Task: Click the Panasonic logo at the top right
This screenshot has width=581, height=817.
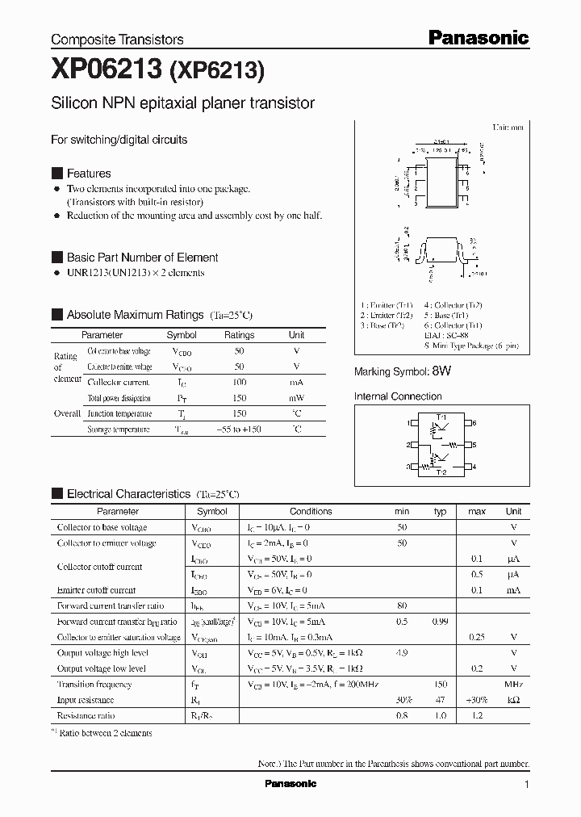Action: tap(478, 37)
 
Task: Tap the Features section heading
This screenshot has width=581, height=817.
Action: tap(88, 174)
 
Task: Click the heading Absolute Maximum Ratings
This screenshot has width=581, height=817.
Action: tap(135, 315)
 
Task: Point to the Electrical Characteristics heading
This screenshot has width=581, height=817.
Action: tap(128, 493)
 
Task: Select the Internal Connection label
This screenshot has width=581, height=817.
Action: tap(398, 396)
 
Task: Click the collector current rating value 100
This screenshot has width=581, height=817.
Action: tap(239, 382)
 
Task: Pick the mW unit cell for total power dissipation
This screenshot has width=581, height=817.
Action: tap(296, 398)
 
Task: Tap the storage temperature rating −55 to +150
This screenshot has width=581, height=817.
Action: tap(239, 429)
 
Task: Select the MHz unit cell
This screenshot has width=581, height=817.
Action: tap(513, 685)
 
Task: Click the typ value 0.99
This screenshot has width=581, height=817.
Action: tap(440, 622)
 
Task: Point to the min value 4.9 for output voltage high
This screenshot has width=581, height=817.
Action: tap(402, 653)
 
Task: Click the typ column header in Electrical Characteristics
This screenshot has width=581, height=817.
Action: tap(440, 511)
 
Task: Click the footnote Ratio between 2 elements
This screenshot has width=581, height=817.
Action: tap(106, 733)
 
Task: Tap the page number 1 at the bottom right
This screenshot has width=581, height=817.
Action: tap(526, 785)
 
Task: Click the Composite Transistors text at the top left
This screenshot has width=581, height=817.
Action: tap(117, 39)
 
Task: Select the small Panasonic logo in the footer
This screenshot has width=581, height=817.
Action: tap(290, 784)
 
